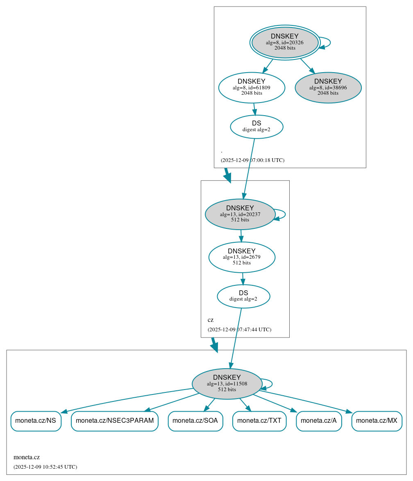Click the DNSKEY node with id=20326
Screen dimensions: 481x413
285,42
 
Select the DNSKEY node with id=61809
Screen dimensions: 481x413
252,87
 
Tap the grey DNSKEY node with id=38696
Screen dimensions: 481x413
328,87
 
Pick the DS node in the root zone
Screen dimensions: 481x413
256,127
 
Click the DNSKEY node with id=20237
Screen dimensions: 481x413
240,214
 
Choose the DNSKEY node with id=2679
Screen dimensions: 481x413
242,257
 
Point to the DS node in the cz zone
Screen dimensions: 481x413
243,296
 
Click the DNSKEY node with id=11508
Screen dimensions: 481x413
227,383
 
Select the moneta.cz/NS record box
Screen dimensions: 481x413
36,421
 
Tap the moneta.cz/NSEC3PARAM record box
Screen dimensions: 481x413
115,421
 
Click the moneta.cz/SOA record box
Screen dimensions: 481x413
195,421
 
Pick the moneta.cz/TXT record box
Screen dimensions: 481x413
259,421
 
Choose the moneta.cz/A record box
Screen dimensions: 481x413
319,421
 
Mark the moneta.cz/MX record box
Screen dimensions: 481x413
377,421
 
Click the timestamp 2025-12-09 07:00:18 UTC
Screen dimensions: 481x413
252,160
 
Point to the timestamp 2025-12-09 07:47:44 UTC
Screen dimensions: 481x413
239,330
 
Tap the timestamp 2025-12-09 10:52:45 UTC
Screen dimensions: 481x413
45,467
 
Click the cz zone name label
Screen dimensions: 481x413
211,320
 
